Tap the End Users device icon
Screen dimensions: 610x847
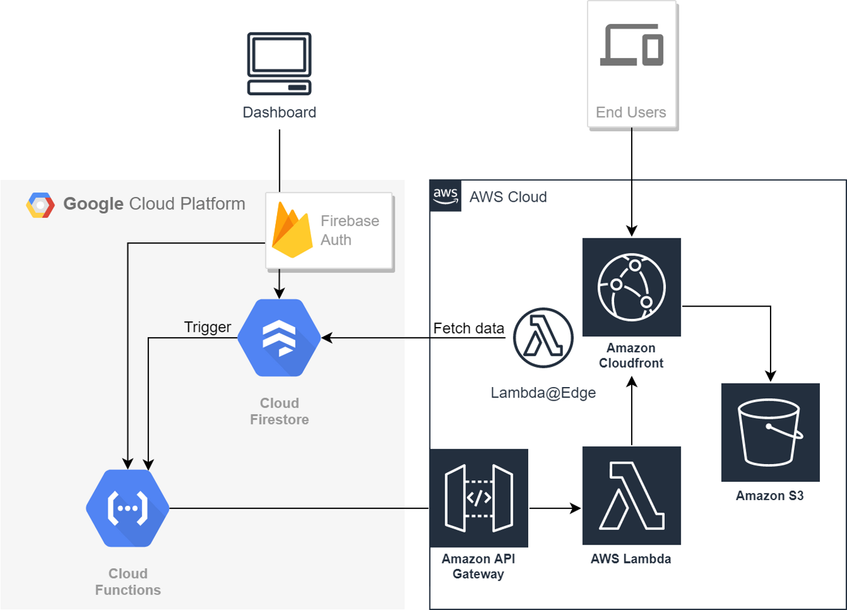pos(632,45)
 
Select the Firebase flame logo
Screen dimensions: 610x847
pos(292,231)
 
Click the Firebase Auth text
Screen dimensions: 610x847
pos(349,230)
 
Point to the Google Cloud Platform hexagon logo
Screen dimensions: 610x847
pos(41,205)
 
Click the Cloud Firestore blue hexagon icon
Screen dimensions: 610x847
pos(279,338)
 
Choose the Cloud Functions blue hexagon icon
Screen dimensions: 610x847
pos(128,508)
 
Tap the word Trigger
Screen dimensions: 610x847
pos(208,327)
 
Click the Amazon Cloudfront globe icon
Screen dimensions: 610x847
pos(632,287)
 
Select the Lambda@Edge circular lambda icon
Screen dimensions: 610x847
pos(543,338)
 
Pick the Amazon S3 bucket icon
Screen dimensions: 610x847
pos(770,432)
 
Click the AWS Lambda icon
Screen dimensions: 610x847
pos(632,495)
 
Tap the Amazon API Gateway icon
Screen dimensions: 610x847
pos(479,498)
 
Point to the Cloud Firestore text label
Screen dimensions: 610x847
pos(279,411)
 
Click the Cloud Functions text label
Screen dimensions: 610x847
pos(128,582)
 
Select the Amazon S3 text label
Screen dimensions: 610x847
pos(769,496)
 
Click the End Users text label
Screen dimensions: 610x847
pos(631,112)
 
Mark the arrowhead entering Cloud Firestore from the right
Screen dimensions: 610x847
pos(326,338)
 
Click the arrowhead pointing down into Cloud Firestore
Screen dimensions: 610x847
pos(279,294)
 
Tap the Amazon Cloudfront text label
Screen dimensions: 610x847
pos(631,355)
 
